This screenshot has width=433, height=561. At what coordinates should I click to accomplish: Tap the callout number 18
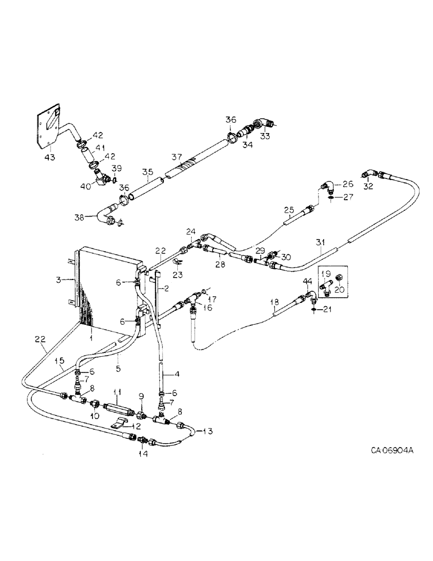pyautogui.click(x=273, y=304)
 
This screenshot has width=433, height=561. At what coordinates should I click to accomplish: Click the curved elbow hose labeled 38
pyautogui.click(x=105, y=215)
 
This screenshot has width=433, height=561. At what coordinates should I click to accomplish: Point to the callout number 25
pyautogui.click(x=289, y=210)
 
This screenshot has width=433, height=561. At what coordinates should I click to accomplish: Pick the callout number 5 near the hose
pyautogui.click(x=118, y=354)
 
